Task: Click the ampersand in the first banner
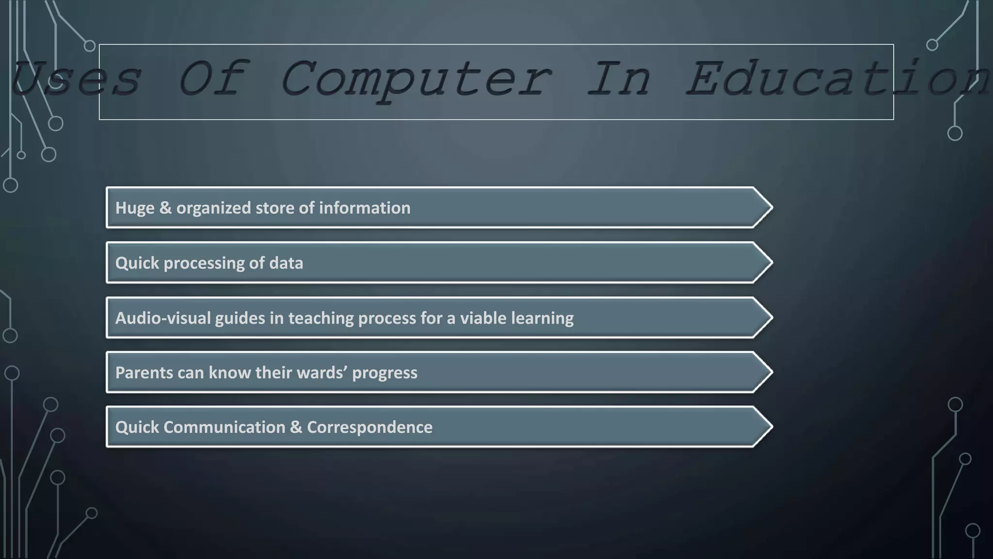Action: tap(165, 208)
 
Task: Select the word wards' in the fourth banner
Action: tap(322, 373)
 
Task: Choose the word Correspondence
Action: tap(369, 427)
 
